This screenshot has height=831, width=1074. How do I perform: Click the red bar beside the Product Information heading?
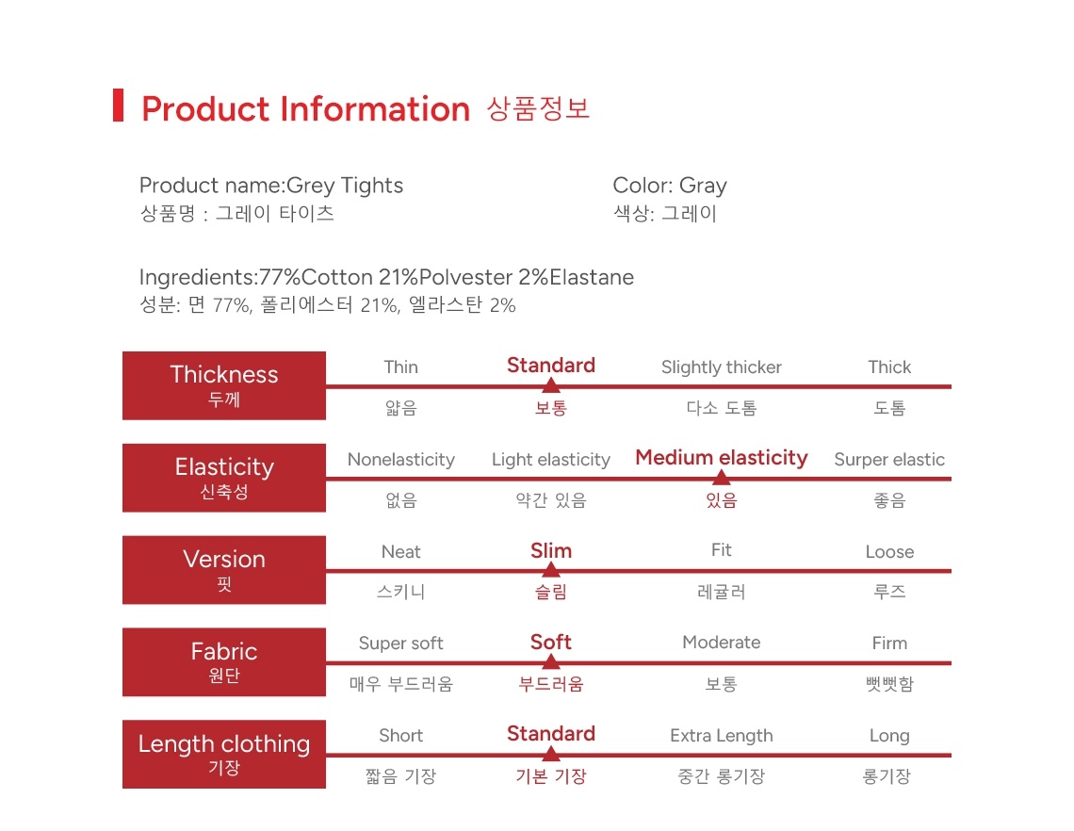(x=118, y=106)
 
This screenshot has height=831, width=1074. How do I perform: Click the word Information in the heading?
(x=375, y=109)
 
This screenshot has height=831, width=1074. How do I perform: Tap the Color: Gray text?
(x=669, y=186)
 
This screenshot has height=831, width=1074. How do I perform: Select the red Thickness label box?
(x=224, y=385)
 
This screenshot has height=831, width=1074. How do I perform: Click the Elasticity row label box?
(x=224, y=478)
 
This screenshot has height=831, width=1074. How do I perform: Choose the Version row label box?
(x=224, y=570)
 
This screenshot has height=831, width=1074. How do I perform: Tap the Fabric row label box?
(x=224, y=661)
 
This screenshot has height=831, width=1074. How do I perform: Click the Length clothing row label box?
(x=224, y=754)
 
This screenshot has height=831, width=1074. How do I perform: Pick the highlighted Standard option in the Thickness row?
(x=551, y=366)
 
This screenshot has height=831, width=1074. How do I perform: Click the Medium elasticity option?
(x=722, y=458)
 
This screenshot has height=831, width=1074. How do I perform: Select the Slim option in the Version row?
(x=551, y=551)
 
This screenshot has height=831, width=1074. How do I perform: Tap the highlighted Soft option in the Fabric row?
(x=551, y=643)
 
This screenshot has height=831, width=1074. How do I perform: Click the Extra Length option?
(x=722, y=736)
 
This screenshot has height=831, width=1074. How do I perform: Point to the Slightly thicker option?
(x=722, y=367)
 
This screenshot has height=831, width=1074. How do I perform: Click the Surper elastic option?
(x=889, y=460)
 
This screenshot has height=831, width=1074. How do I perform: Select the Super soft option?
(x=400, y=644)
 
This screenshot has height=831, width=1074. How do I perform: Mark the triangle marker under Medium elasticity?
(x=722, y=477)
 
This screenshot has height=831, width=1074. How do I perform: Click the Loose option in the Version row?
(x=889, y=552)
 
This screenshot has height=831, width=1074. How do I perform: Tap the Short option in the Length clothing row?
(x=400, y=736)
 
